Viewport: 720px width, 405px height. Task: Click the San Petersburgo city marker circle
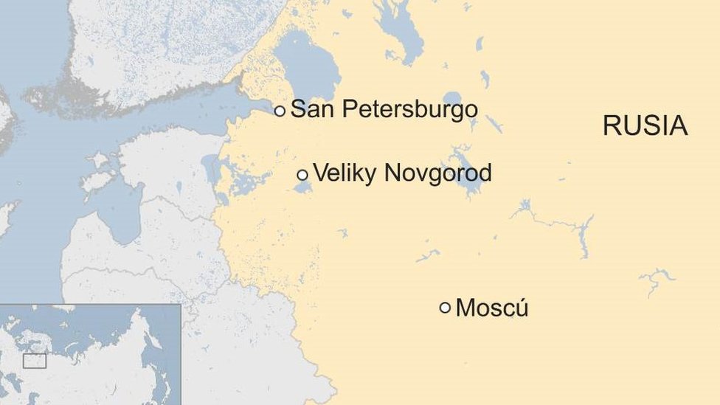point(280,111)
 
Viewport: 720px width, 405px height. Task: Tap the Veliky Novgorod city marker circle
point(302,175)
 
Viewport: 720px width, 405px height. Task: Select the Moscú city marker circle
point(445,308)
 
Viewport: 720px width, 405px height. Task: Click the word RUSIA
point(645,125)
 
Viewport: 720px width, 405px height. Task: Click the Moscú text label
point(491,308)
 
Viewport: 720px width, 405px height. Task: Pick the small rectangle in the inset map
point(35,361)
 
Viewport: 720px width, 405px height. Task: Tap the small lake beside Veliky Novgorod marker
point(302,187)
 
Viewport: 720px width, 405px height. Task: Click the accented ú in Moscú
point(521,308)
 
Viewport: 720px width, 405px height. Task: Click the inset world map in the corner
point(90,354)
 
